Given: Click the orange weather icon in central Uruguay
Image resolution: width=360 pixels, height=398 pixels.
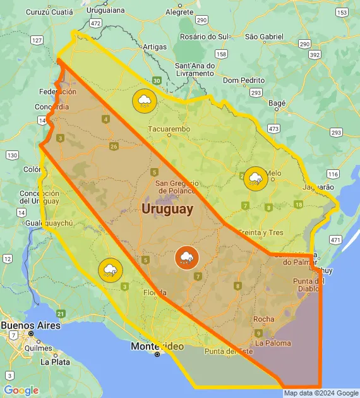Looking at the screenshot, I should (x=187, y=257).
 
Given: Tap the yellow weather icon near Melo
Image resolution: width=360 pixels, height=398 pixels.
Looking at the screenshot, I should (x=256, y=178).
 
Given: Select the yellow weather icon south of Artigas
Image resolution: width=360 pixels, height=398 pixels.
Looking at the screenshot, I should (x=145, y=100).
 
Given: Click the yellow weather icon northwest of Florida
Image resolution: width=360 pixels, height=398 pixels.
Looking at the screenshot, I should (x=111, y=270).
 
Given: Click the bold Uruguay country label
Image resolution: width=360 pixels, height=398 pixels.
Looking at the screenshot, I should (x=167, y=209).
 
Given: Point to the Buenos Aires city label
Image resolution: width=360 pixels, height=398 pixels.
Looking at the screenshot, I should (x=30, y=325).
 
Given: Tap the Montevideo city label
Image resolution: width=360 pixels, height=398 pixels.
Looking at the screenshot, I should (x=157, y=346).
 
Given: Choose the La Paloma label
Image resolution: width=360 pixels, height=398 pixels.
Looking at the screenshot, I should (x=273, y=343).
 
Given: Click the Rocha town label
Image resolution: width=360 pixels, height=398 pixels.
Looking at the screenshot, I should (x=263, y=319).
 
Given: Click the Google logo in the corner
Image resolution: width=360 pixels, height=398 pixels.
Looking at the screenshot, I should (x=21, y=390).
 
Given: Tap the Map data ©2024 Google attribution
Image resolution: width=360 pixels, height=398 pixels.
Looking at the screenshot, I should (x=321, y=393).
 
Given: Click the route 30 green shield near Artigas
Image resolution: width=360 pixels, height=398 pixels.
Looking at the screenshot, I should (x=156, y=81).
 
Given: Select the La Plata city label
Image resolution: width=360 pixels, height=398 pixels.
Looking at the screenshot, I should (x=55, y=362).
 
